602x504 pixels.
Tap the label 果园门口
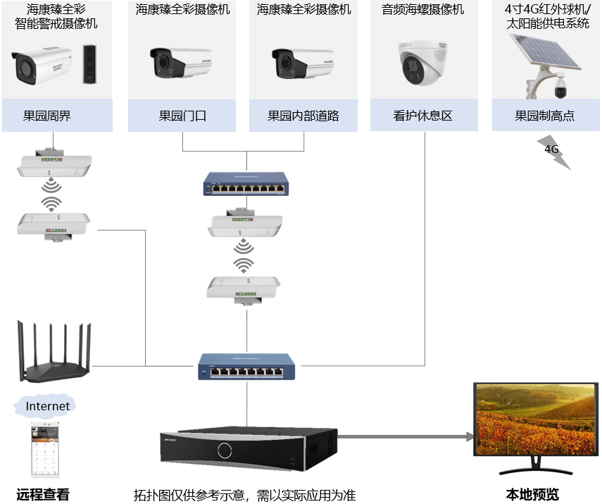182,116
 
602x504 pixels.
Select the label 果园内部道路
303,116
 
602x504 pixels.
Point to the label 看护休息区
424,116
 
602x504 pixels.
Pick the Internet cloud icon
47,406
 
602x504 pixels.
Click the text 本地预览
532,494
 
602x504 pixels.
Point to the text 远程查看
43,494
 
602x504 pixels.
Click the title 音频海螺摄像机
423,10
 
